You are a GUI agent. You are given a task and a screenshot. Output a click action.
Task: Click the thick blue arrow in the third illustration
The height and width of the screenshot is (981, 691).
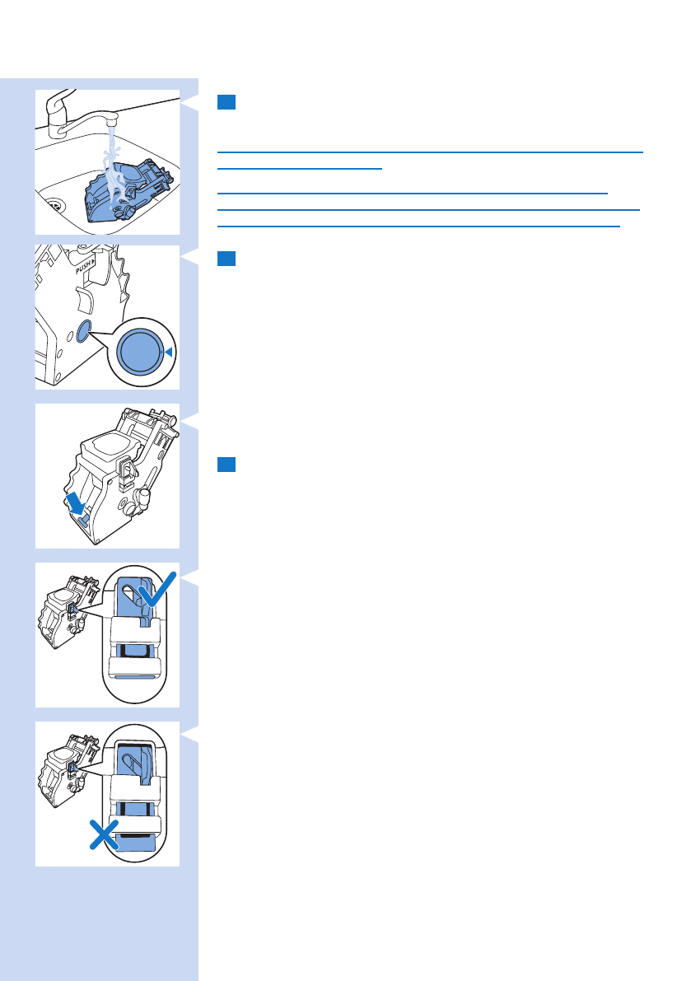[78, 499]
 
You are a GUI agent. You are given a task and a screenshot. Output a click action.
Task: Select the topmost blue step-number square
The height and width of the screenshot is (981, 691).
[227, 102]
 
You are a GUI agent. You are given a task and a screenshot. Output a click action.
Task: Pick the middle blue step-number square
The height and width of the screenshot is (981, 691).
[227, 259]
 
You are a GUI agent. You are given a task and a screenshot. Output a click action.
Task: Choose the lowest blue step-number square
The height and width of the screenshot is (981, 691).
[227, 465]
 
